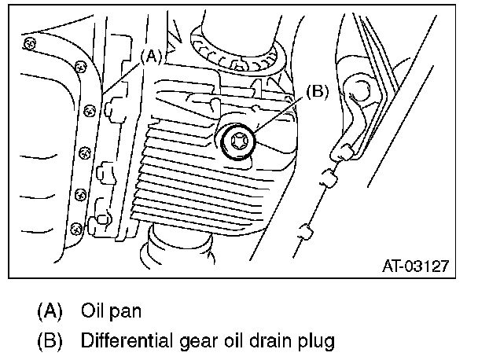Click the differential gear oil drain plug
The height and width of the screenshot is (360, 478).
(237, 143)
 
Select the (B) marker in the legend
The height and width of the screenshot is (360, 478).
(50, 341)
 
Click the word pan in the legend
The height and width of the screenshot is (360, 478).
(126, 310)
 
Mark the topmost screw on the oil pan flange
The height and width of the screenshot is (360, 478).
(28, 41)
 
